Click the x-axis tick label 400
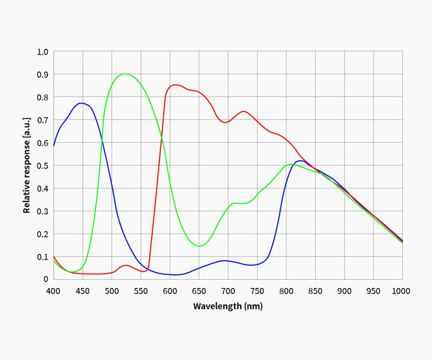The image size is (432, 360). click(x=53, y=291)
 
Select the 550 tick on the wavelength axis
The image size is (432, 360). click(x=140, y=291)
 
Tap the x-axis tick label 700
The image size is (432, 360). click(x=228, y=291)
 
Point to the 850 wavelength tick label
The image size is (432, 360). click(x=315, y=291)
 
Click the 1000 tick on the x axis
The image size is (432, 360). click(x=401, y=291)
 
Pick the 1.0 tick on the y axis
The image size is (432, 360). click(x=43, y=52)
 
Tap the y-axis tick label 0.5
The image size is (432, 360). click(x=43, y=166)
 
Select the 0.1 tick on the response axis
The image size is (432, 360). click(x=43, y=257)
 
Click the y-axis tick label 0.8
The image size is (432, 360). click(x=43, y=97)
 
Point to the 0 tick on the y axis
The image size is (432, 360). click(x=46, y=280)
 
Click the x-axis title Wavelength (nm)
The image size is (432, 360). click(x=228, y=306)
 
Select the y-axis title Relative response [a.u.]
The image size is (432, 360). click(x=26, y=166)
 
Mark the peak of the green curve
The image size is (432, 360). click(x=125, y=74)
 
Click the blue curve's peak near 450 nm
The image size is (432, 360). click(x=81, y=103)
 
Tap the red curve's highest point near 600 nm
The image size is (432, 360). click(x=175, y=85)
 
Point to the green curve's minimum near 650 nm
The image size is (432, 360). click(x=199, y=246)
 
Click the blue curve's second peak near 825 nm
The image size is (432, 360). click(x=300, y=160)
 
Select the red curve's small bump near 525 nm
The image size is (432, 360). click(x=125, y=265)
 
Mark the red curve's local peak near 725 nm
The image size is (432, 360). click(x=243, y=111)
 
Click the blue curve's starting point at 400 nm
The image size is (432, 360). click(x=54, y=145)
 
